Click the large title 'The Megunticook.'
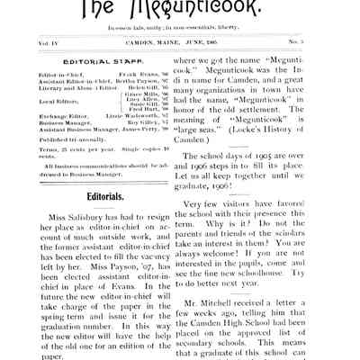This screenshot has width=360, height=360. pyautogui.click(x=180, y=11)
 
